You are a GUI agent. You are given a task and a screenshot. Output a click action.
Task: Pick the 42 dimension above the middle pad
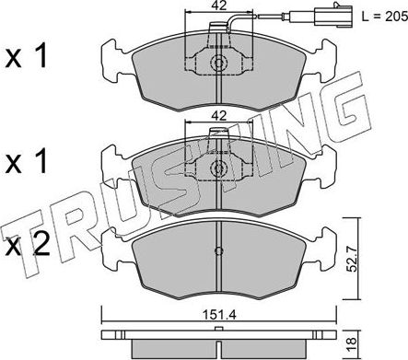point(218,114)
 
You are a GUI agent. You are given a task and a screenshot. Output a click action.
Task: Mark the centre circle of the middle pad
point(219,169)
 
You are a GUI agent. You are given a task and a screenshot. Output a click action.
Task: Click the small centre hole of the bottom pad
point(217,252)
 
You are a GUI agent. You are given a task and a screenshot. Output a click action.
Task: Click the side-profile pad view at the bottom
point(217,342)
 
